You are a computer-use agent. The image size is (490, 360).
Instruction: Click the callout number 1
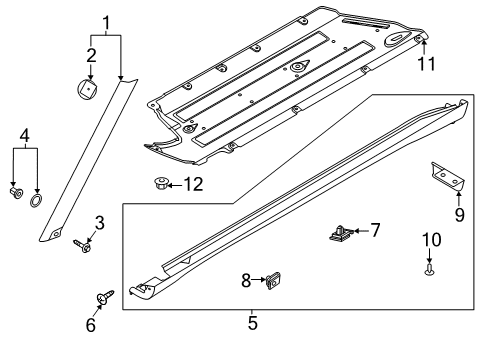pyautogui.click(x=107, y=21)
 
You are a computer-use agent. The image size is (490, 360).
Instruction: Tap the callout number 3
pyautogui.click(x=100, y=221)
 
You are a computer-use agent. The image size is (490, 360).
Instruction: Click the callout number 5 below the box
pyautogui.click(x=252, y=322)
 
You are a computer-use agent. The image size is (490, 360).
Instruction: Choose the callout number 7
pyautogui.click(x=377, y=231)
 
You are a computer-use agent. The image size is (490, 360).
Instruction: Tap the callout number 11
pyautogui.click(x=427, y=63)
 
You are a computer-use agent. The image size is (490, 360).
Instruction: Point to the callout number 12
pyautogui.click(x=192, y=183)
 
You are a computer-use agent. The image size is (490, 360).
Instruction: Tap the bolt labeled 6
pyautogui.click(x=105, y=297)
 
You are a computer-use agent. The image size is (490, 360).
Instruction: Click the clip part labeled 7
pyautogui.click(x=340, y=235)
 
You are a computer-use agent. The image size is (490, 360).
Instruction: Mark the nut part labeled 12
pyautogui.click(x=159, y=183)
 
